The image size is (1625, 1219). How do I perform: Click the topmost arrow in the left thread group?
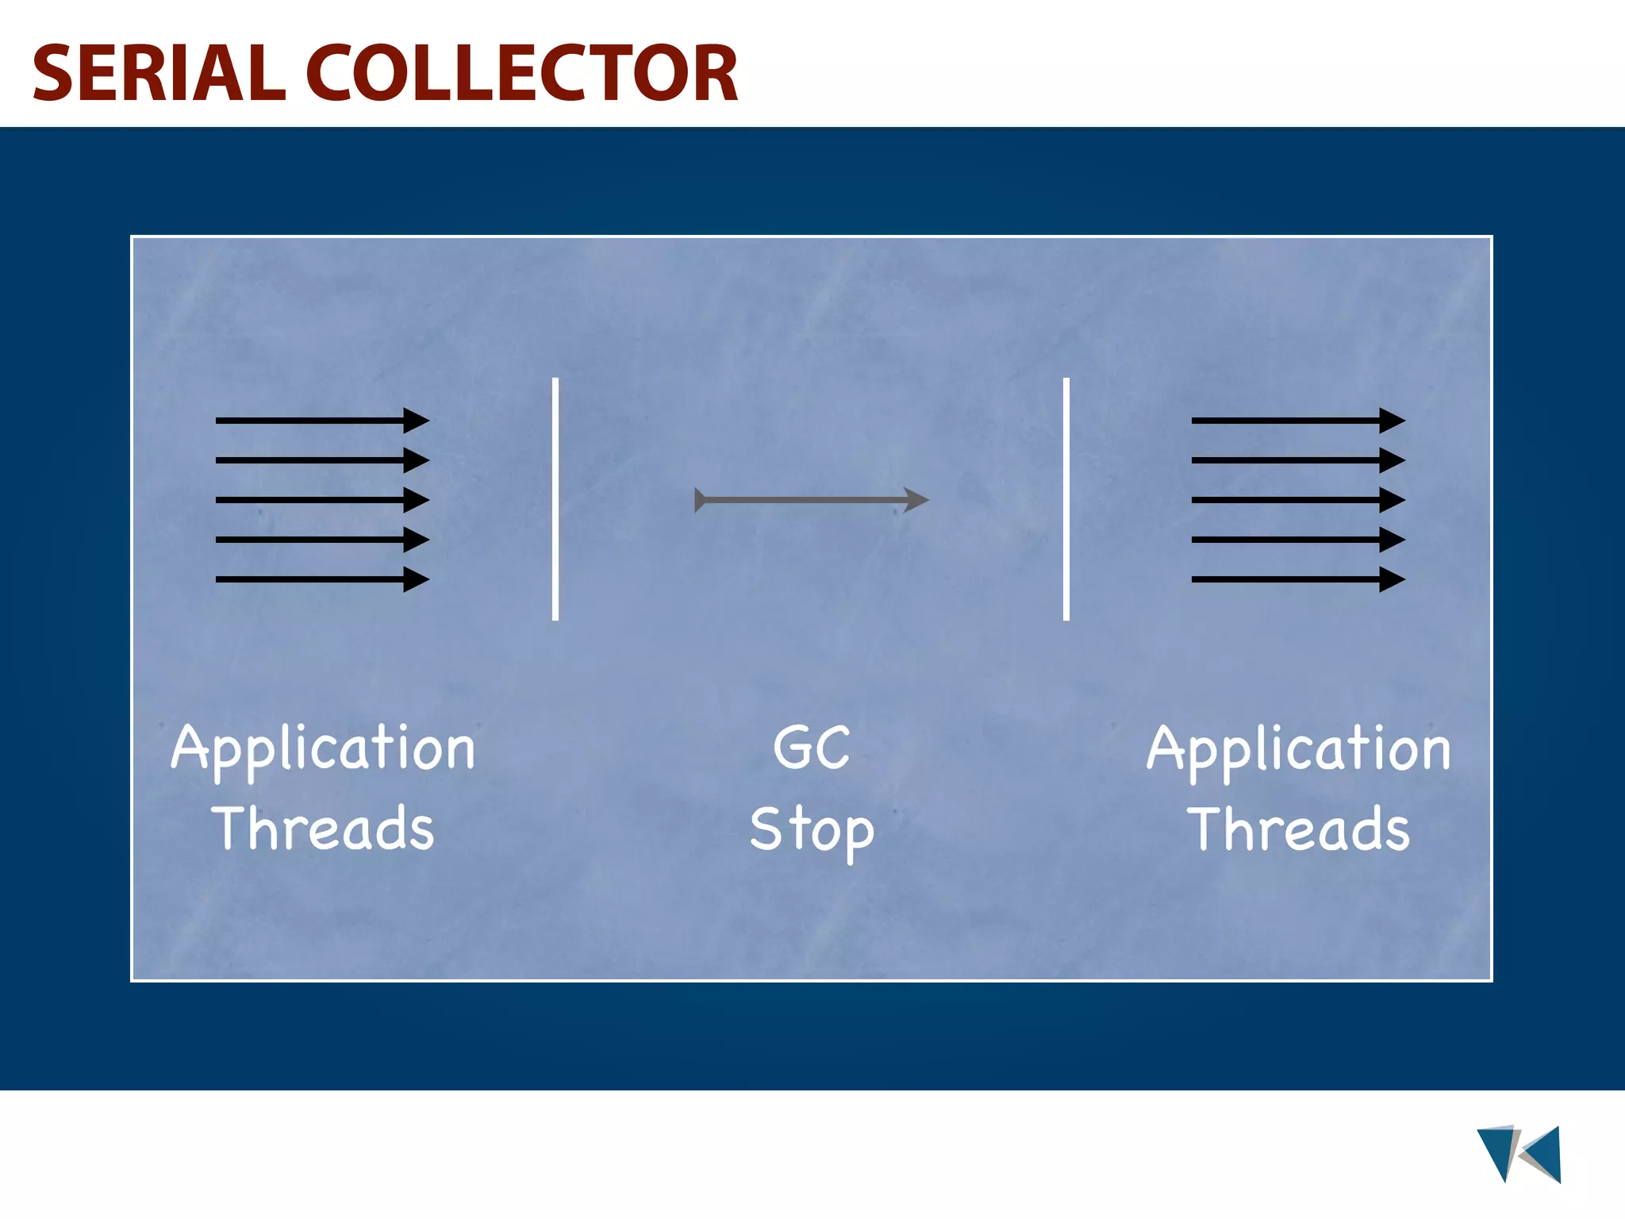(321, 420)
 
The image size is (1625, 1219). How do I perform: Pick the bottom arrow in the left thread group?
(321, 579)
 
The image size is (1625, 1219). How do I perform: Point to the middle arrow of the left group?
(321, 500)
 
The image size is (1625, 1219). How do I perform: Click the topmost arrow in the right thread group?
(1297, 420)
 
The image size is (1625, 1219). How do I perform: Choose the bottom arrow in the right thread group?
(1297, 579)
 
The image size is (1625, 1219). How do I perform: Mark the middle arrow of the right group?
(1297, 500)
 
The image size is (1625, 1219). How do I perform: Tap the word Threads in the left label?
(323, 829)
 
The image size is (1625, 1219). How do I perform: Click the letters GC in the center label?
(811, 748)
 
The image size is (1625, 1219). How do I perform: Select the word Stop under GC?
(811, 830)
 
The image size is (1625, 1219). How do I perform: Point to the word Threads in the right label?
(1299, 829)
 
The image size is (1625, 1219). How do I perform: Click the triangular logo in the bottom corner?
(1519, 1154)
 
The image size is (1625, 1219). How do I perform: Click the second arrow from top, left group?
(321, 460)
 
